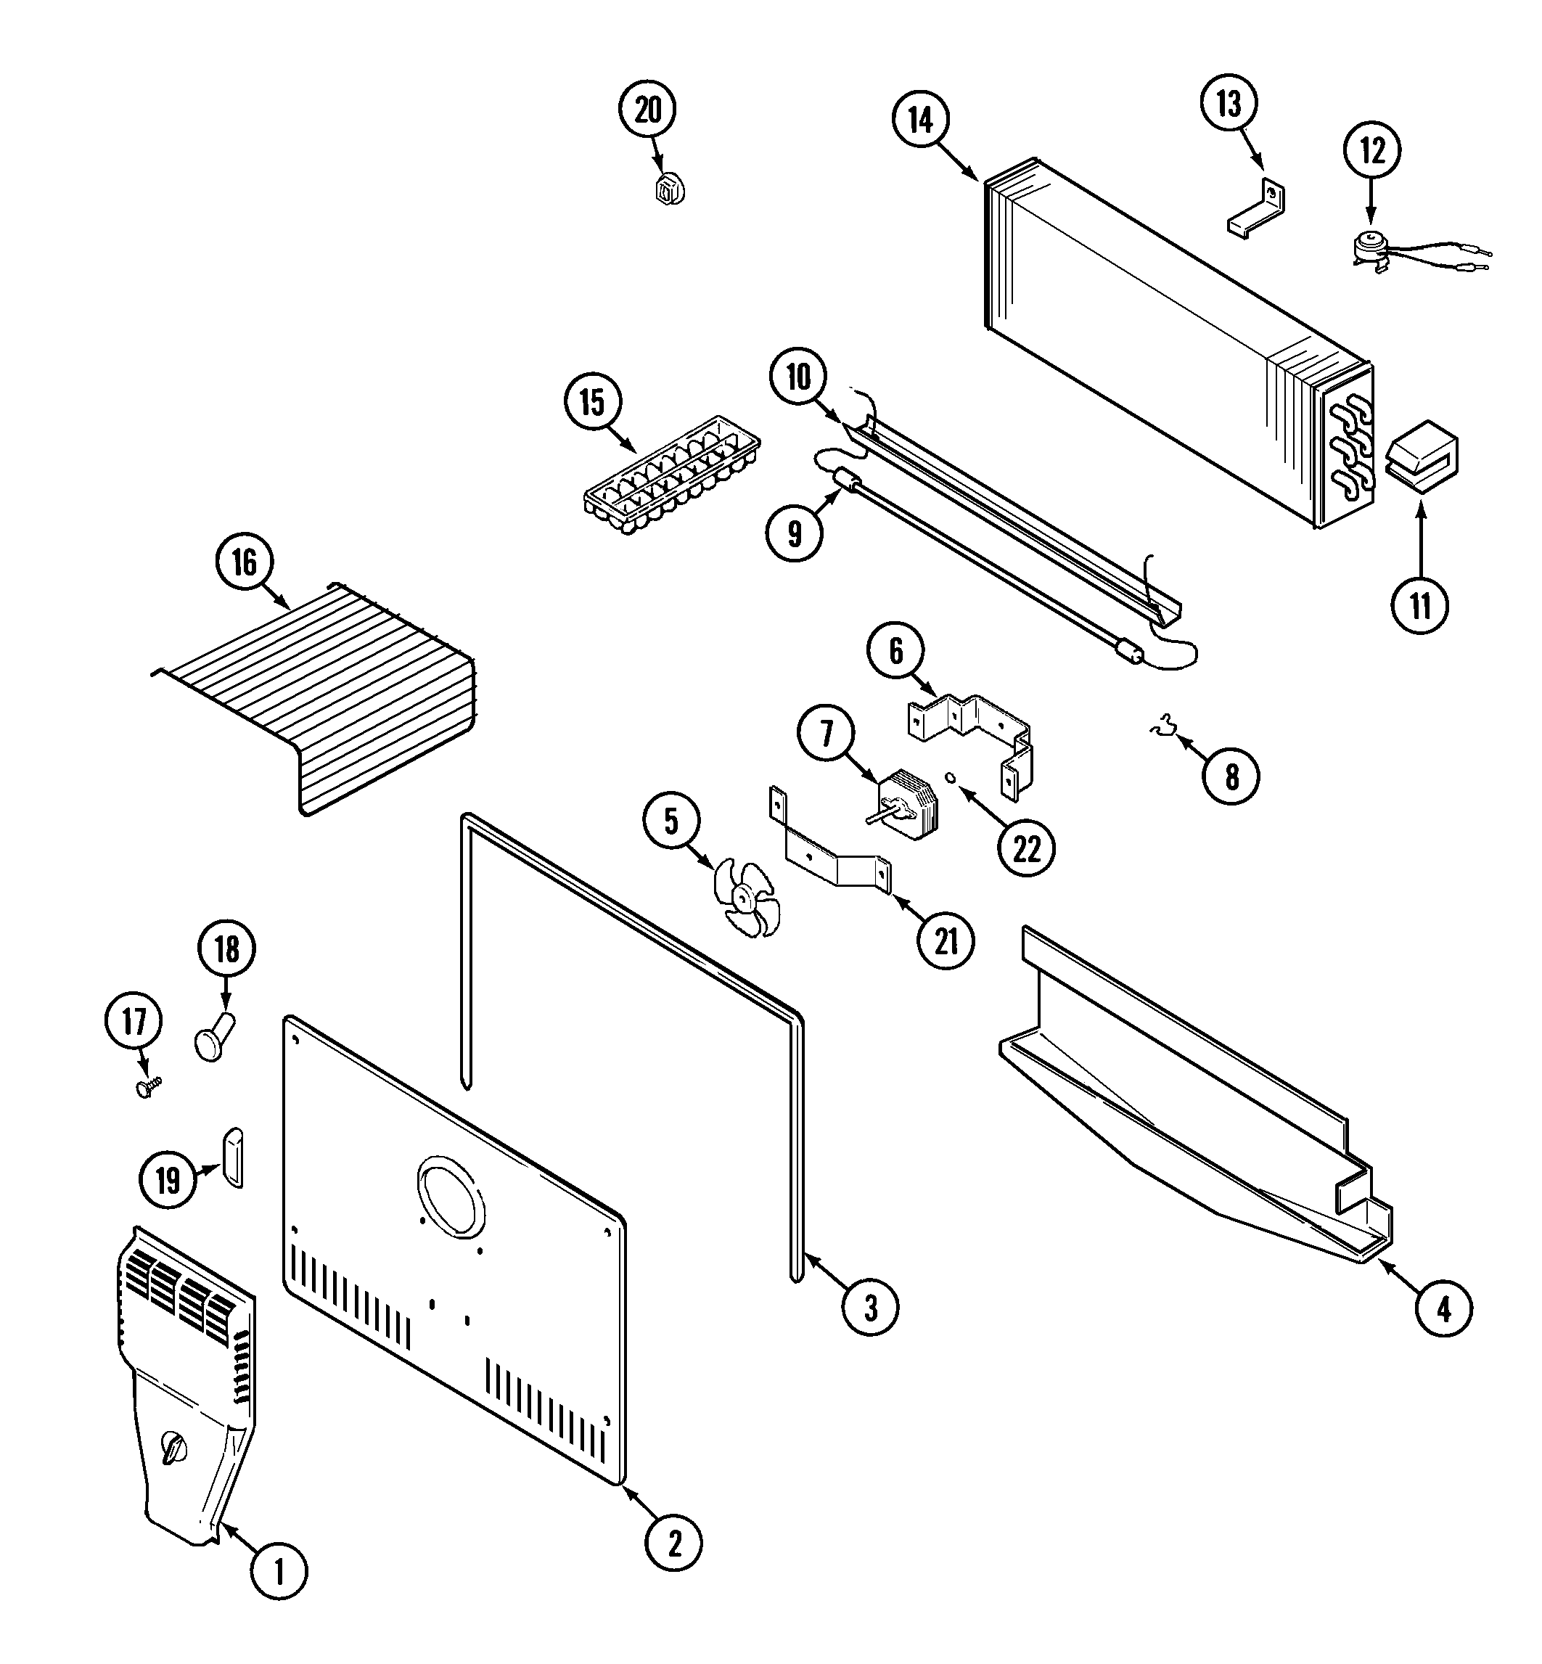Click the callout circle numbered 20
[647, 110]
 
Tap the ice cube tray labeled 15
[672, 475]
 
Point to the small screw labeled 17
[150, 1086]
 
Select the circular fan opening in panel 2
[450, 1198]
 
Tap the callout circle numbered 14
[920, 120]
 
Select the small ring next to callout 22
[951, 778]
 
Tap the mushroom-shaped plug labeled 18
[215, 1037]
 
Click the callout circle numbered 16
[244, 562]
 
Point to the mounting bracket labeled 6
[970, 734]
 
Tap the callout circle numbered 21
[946, 941]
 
